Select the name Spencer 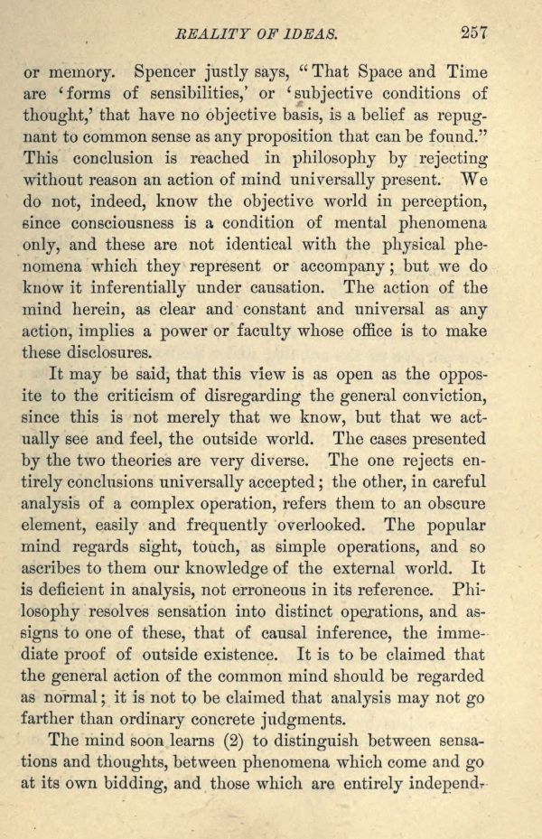(x=167, y=71)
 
